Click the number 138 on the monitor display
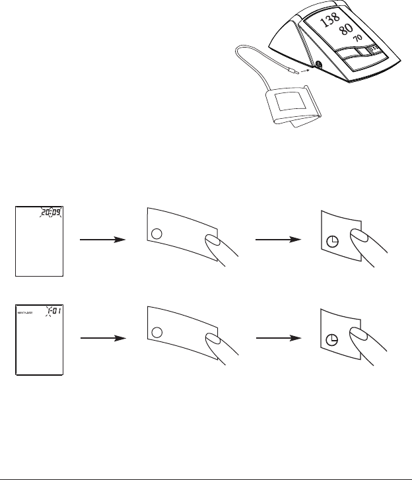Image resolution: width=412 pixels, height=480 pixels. click(x=330, y=21)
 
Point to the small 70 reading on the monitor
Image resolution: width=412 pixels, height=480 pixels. click(x=358, y=39)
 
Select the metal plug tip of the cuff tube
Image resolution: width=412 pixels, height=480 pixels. click(x=291, y=67)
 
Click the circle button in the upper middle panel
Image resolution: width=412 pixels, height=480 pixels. click(x=156, y=234)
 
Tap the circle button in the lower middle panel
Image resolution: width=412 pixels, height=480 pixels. click(x=156, y=330)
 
